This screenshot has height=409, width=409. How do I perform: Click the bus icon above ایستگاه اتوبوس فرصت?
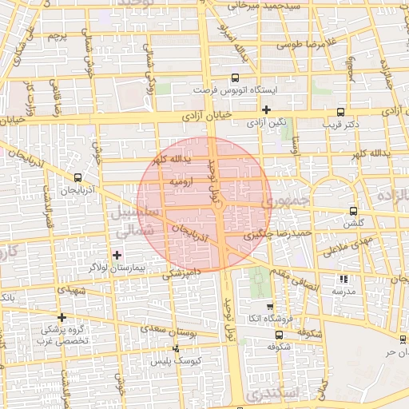pos(235,78)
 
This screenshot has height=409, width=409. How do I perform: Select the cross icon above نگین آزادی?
pos(267,109)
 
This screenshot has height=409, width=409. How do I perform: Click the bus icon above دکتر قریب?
pos(341,112)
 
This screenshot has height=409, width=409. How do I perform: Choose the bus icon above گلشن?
pos(353,212)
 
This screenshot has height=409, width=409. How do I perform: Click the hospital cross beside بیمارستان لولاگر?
pos(118,255)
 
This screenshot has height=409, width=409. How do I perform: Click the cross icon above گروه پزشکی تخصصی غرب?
pos(62,317)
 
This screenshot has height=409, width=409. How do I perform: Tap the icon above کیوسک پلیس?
pos(177,348)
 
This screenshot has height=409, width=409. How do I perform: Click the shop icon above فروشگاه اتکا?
pos(269,306)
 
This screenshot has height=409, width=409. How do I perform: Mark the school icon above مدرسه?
pos(343,280)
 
